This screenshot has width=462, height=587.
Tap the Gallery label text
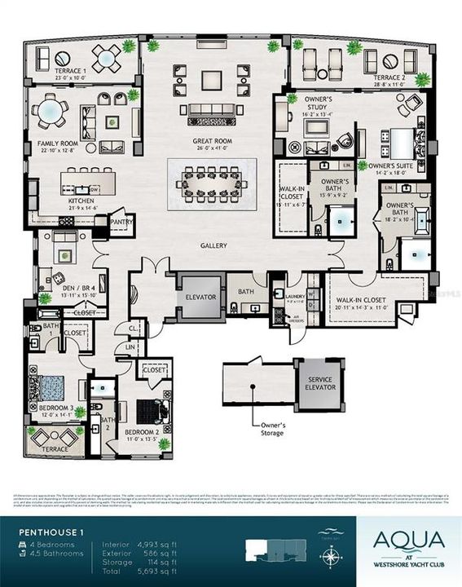pyautogui.click(x=215, y=245)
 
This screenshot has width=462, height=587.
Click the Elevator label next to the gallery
pyautogui.click(x=200, y=297)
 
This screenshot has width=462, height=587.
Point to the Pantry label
pyautogui.click(x=121, y=221)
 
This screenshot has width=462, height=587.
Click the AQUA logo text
pyautogui.click(x=409, y=541)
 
